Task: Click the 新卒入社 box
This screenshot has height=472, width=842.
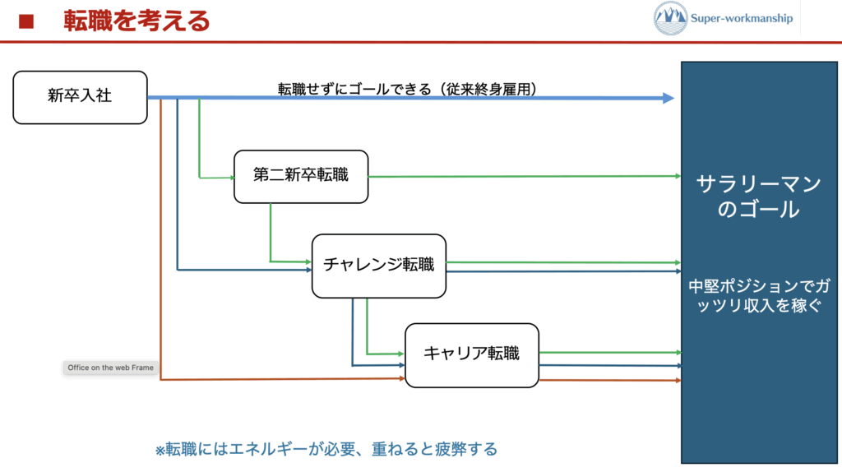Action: coord(80,97)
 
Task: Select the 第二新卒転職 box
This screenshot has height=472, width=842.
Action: coord(301,176)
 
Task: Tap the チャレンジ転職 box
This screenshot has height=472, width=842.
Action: coord(378,265)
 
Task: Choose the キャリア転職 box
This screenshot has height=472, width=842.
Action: coord(471,354)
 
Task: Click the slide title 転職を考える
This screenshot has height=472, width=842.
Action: coord(136,21)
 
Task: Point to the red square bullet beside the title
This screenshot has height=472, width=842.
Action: coord(26,21)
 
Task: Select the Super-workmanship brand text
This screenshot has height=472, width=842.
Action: coord(742,18)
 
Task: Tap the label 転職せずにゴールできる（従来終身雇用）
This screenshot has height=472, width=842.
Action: coord(407,88)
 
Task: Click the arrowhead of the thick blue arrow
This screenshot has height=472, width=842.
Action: coord(668,98)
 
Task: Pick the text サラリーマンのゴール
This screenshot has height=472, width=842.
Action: coord(757,197)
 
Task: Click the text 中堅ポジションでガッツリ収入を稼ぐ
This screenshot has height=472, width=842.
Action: coord(757,296)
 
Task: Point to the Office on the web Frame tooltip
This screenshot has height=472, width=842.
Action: coord(110,368)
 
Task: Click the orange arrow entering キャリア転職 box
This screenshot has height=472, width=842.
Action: coord(280,379)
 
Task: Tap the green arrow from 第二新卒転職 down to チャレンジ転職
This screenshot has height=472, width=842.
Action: coord(271,238)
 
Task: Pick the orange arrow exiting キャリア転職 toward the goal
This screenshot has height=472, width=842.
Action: coord(608,381)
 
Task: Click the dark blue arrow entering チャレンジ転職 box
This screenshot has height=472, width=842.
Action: coord(247,270)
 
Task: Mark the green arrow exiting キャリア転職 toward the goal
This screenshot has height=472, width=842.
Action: coord(608,353)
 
